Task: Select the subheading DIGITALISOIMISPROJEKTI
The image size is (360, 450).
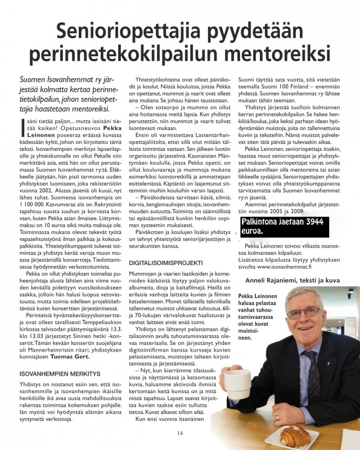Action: (167, 263)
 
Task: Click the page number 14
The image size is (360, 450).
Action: (180, 433)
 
